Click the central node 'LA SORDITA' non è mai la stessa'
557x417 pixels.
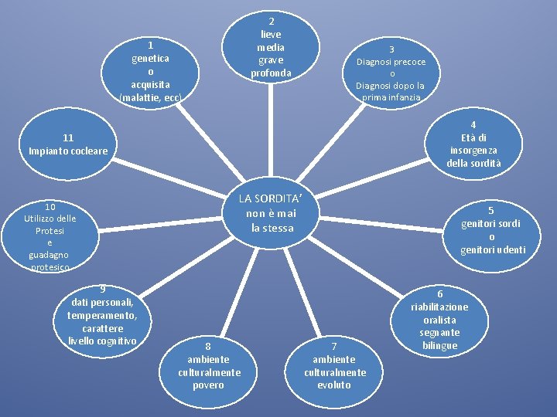(271, 213)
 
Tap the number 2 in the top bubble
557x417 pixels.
(272, 22)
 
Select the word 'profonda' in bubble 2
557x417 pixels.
(271, 73)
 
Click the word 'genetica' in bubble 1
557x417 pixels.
(150, 59)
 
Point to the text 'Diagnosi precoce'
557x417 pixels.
(391, 62)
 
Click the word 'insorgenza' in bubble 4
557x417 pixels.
(473, 151)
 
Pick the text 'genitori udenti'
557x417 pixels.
(493, 250)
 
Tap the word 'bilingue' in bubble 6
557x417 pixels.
(439, 345)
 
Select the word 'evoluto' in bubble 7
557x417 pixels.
(334, 385)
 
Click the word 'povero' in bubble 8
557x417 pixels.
(208, 385)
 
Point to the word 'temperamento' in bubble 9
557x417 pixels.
(101, 316)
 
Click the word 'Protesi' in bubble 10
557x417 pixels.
(50, 231)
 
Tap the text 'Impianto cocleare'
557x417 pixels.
(68, 151)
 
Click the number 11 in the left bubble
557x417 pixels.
(68, 137)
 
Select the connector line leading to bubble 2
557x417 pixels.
(271, 130)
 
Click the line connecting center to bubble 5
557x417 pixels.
(381, 225)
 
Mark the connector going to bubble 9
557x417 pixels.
(187, 266)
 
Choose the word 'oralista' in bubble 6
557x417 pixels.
(439, 320)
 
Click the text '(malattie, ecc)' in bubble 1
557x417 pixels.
(151, 97)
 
